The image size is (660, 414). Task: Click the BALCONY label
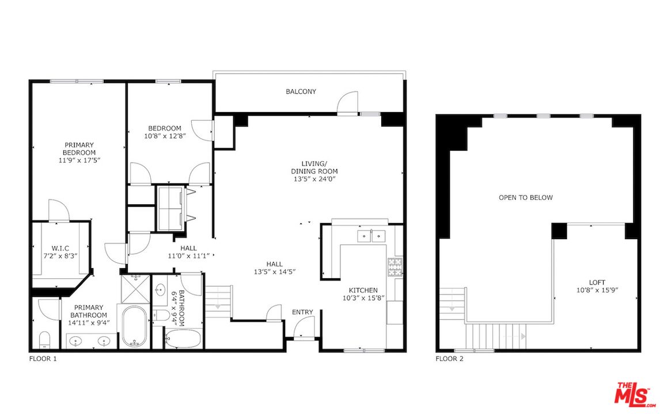(x=301, y=91)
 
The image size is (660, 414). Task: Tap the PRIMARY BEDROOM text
(x=79, y=148)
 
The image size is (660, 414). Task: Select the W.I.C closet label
(x=60, y=248)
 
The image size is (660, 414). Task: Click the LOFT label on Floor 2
(x=597, y=282)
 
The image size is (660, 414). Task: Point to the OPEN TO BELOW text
(x=525, y=198)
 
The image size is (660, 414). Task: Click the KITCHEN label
(x=363, y=290)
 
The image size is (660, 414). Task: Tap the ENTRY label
(x=302, y=312)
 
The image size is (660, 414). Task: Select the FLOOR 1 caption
(x=43, y=359)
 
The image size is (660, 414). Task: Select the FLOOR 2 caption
(x=449, y=359)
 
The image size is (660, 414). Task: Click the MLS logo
(x=634, y=394)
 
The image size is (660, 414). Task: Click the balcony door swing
(x=347, y=104)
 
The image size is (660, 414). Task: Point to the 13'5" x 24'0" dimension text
(x=314, y=179)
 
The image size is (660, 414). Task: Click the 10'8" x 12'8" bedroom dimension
(x=165, y=136)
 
